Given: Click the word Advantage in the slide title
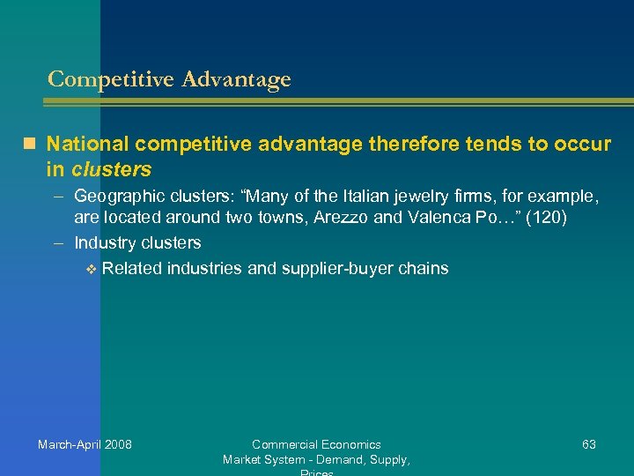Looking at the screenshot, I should tap(235, 79).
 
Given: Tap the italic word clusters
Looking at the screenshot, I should tap(112, 168).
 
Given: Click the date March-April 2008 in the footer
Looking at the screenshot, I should tap(85, 444).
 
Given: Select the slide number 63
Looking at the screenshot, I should tap(589, 444).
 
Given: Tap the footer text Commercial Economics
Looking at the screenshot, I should tap(316, 444).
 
